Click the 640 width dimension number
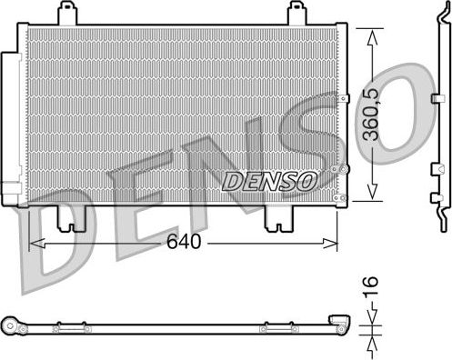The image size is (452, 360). tap(183, 244)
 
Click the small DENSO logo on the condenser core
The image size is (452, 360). tap(269, 181)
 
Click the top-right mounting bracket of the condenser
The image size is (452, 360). tap(296, 14)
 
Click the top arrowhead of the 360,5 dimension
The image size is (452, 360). tap(370, 32)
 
